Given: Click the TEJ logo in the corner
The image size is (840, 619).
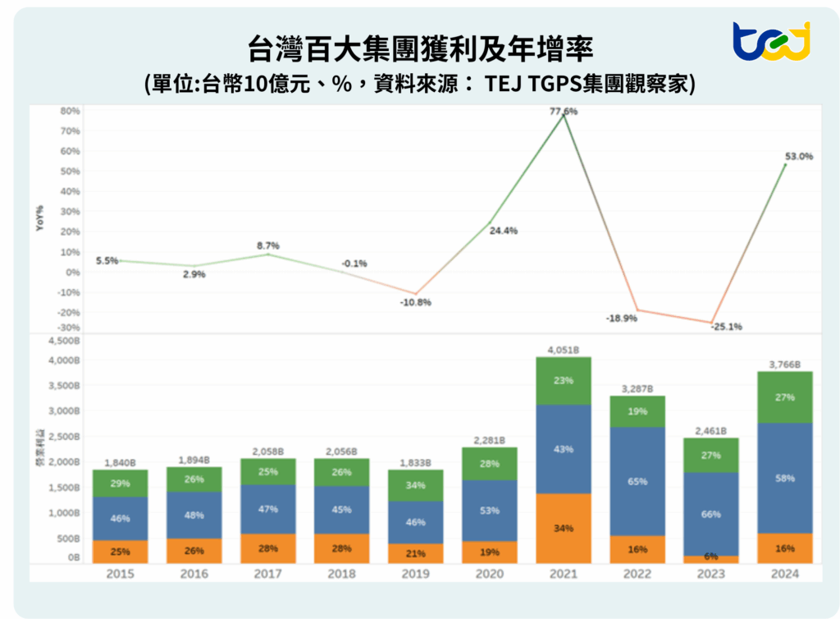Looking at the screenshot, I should pos(770,42).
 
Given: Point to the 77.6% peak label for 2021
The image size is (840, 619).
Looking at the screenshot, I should pos(564,111).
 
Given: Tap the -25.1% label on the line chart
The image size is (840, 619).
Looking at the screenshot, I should pos(725,326).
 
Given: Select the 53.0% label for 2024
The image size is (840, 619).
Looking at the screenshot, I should pos(798,156).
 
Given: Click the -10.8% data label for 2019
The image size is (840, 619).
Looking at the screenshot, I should pos(416,302).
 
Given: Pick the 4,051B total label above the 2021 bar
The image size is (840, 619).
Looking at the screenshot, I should pos(564,350).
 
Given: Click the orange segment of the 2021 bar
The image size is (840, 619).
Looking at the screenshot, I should pos(564,528).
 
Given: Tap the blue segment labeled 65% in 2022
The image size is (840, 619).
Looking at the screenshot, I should pos(638,481).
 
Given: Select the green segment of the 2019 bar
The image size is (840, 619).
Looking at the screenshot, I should pos(416,485).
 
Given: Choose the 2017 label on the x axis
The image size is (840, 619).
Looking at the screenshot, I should pos(267,574).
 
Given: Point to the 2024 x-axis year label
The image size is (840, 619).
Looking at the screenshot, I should pos(786,574).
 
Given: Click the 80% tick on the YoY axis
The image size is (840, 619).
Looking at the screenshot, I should pos(70,111).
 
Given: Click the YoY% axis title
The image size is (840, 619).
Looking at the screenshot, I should pos(39,217).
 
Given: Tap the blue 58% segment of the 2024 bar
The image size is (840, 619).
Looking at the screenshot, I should pos(786,478).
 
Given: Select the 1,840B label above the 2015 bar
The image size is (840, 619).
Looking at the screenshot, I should pos(120,462).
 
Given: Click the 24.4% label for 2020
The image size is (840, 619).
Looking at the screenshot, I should pos(503,231).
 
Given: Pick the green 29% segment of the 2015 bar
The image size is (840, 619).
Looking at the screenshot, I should pos(120,484).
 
